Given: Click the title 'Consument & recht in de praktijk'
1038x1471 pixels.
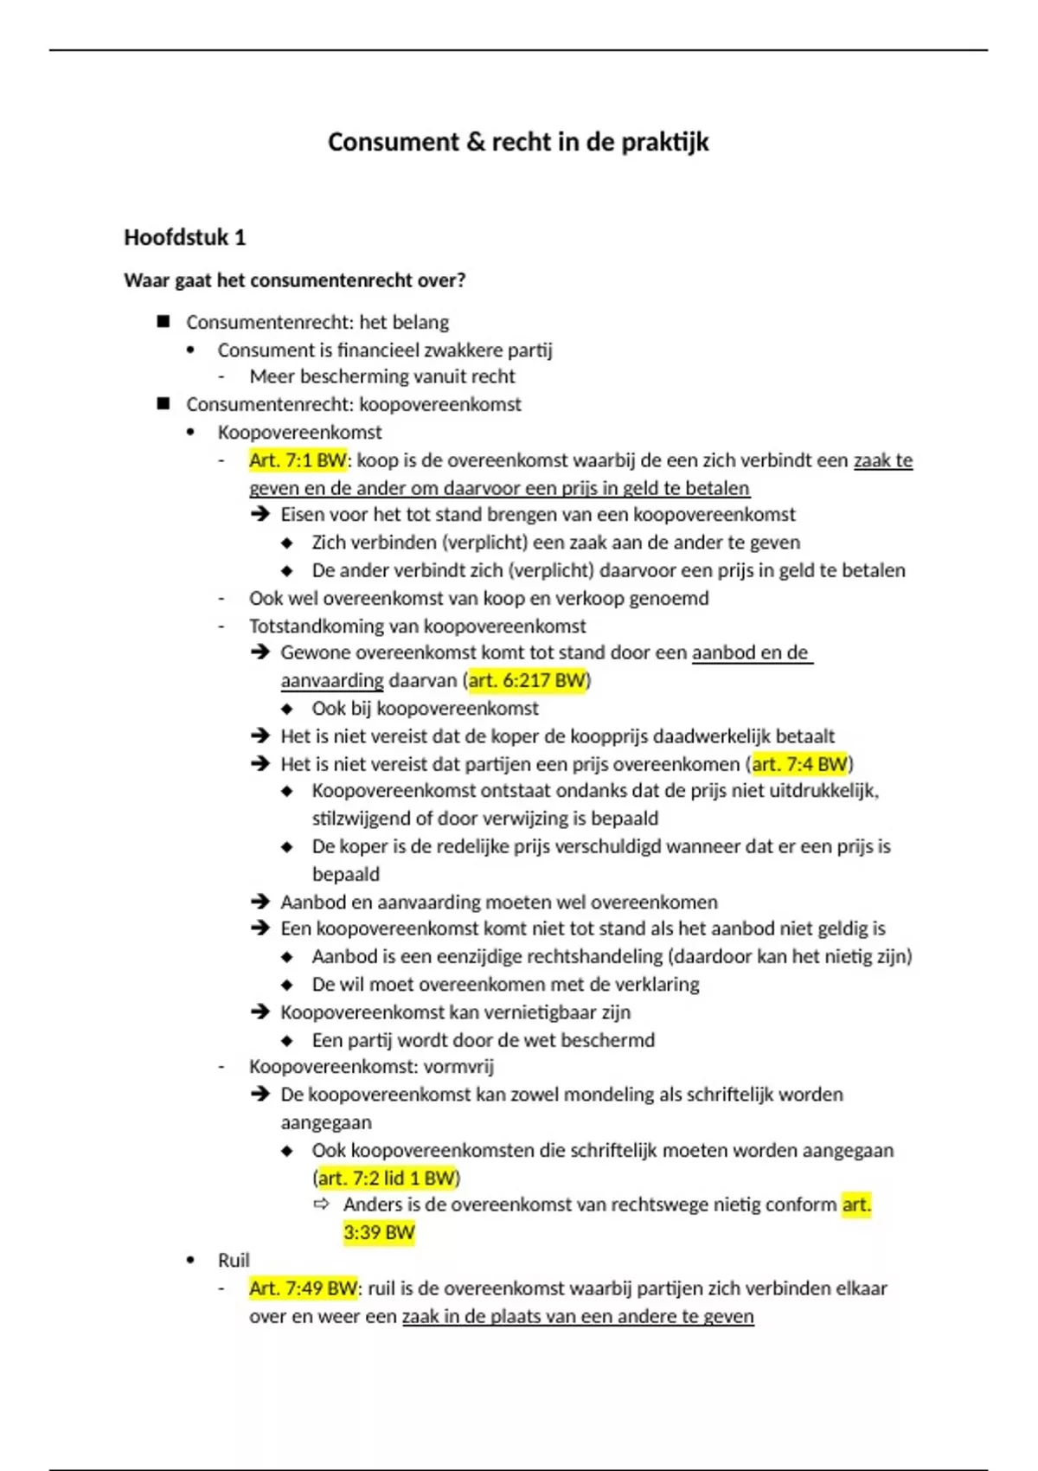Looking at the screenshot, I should click(x=518, y=142).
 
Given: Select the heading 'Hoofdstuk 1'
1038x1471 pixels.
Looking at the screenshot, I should click(x=185, y=237).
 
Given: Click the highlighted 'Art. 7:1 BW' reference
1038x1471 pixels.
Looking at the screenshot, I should click(x=298, y=460).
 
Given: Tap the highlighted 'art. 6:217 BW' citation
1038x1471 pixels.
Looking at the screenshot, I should click(x=527, y=680).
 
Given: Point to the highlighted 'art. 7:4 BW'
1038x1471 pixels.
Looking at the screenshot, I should click(x=799, y=764).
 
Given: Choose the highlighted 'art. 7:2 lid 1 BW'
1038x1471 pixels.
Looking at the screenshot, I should click(x=386, y=1178).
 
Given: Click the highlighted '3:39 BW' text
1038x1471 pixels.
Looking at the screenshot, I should click(x=379, y=1232).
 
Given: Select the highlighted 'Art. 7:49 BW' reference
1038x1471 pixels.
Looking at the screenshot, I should click(x=303, y=1288).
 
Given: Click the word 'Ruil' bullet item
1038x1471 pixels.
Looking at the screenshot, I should click(x=234, y=1261).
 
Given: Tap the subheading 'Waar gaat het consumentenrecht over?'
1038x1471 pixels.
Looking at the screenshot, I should click(x=295, y=280).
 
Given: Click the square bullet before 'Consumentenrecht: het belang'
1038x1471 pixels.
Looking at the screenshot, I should click(x=163, y=322).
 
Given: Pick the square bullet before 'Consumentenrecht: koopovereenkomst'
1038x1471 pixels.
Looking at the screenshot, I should click(x=163, y=404).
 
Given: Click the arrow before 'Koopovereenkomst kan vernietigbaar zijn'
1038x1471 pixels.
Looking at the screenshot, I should click(x=260, y=1012).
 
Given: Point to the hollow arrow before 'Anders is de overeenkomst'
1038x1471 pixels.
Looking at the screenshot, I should click(x=322, y=1204).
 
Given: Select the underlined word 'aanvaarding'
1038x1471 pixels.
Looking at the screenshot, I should click(x=331, y=681).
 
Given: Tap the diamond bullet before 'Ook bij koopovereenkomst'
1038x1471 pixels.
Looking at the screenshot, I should click(x=288, y=709).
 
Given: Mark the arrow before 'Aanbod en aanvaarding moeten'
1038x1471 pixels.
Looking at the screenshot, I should click(x=260, y=902).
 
